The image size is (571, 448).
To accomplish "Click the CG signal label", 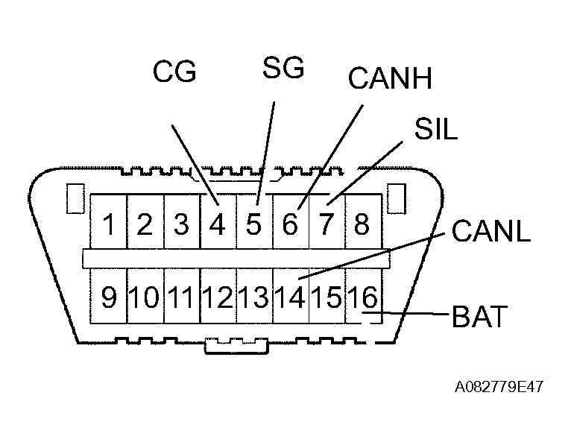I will point(174,73).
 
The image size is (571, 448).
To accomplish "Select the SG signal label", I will point(283,68).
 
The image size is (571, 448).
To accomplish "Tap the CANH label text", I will point(390,78).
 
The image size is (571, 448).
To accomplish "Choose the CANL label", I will point(490,231).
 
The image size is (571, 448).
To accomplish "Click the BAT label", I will point(479,316).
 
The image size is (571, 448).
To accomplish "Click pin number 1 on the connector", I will point(109,224).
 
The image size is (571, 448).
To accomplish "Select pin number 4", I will point(217,224).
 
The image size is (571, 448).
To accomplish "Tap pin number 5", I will point(253,224).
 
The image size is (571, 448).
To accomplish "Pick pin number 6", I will point(290,224).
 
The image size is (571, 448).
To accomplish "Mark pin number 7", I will point(326,224).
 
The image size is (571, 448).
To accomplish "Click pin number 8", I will point(362,224).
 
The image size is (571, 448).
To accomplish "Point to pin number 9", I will point(109,297).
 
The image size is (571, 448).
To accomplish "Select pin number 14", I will point(290,297).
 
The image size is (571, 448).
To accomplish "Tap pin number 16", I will point(363,297).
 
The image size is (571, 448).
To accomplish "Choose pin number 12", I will point(218,297).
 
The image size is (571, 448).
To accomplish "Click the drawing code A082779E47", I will point(499,388).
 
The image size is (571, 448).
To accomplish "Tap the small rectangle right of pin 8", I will point(397,198).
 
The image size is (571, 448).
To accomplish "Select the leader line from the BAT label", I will point(417,315).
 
